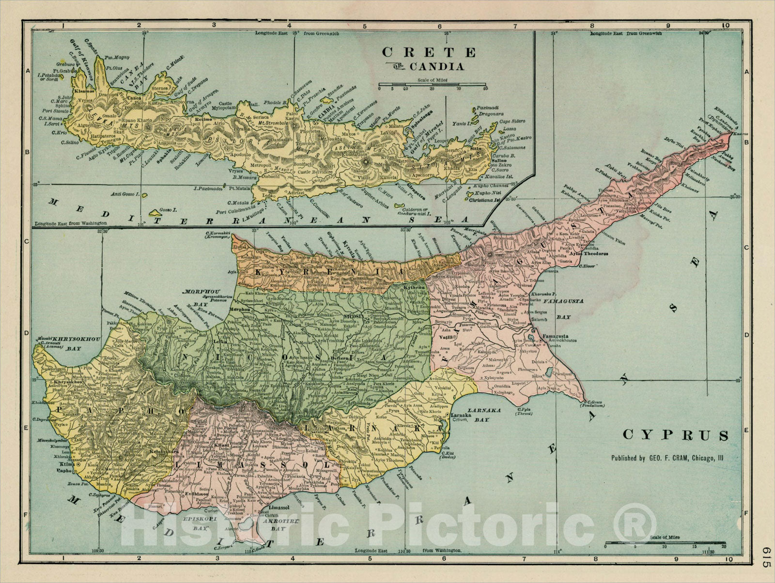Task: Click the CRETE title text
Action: click(x=429, y=52)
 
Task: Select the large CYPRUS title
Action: click(x=675, y=435)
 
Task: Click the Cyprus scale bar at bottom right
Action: click(x=666, y=543)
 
